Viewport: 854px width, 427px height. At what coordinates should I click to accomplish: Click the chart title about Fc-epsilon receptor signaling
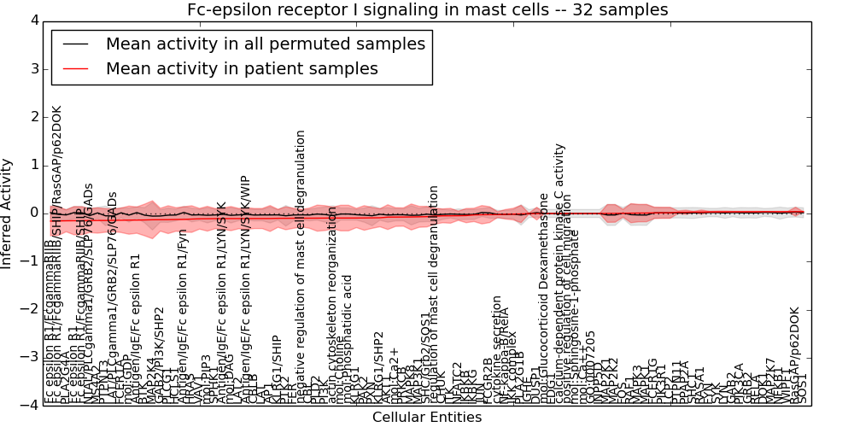[x=428, y=9]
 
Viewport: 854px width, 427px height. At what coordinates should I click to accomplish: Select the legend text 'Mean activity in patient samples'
[x=242, y=68]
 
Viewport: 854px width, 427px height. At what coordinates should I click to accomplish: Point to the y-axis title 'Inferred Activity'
[x=8, y=213]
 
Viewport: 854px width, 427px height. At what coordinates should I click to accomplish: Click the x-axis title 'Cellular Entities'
[x=427, y=418]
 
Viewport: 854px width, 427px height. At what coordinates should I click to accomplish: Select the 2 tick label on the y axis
[x=33, y=117]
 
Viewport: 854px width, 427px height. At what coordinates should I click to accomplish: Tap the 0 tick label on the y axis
[x=33, y=213]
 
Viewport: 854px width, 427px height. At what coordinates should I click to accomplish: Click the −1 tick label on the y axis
[x=30, y=261]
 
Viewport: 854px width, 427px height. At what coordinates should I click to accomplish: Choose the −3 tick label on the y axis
[x=30, y=358]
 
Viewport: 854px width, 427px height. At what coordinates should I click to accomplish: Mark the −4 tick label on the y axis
[x=30, y=406]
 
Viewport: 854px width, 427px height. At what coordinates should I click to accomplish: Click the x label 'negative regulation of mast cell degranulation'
[x=301, y=266]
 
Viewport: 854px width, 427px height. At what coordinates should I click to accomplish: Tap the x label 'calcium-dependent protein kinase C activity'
[x=560, y=273]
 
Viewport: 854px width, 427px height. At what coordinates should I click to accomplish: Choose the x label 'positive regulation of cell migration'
[x=566, y=316]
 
